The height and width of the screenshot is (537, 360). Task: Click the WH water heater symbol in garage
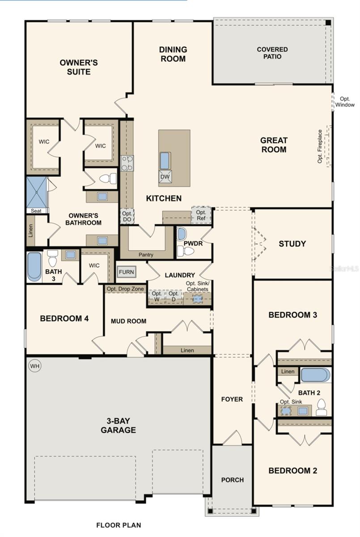coord(35,366)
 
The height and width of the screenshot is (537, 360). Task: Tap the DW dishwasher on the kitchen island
coord(165,177)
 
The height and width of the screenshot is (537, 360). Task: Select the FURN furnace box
coord(126,272)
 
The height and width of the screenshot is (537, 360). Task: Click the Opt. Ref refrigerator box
coord(201,215)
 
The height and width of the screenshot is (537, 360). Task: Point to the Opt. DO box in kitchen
coord(127,217)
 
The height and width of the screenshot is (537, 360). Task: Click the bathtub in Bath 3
coord(34,267)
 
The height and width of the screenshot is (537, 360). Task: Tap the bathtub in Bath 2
coord(315,375)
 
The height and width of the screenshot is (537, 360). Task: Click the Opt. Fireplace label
coord(320,146)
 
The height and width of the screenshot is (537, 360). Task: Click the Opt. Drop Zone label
coord(125,289)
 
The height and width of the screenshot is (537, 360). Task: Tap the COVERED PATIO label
coord(272,53)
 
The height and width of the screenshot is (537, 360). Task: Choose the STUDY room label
coord(292,244)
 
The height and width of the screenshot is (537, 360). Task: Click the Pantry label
coord(146,255)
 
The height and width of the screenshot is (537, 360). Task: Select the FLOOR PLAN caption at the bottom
coord(119,525)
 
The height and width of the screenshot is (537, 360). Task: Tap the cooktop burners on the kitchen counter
coord(127,163)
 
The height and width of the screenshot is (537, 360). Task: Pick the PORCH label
coord(232,480)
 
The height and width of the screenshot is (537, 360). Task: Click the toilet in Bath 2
coord(321,407)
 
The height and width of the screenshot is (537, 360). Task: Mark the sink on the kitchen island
coord(165,160)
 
